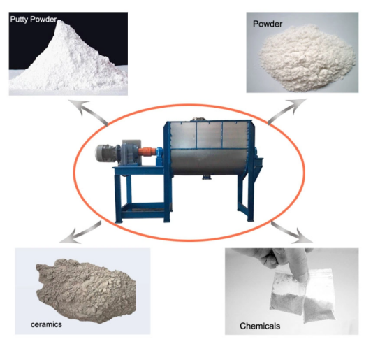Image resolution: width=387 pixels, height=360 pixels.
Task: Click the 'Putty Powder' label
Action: click(x=34, y=20)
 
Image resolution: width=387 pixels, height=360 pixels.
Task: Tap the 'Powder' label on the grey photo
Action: click(x=268, y=24)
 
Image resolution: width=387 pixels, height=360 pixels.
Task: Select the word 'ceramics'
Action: click(x=46, y=324)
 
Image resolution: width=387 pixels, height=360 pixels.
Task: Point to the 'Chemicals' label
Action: click(x=260, y=326)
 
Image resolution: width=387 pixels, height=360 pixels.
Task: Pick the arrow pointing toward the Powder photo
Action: click(x=287, y=110)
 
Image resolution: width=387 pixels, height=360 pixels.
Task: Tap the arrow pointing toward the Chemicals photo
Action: click(x=292, y=231)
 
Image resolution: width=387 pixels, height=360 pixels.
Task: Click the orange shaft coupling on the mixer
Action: click(x=147, y=151)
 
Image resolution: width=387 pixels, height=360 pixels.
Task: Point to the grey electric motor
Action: click(x=105, y=153)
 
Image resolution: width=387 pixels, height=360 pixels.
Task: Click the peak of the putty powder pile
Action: click(x=60, y=22)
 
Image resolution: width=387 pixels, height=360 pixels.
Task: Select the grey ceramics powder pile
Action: click(x=86, y=290)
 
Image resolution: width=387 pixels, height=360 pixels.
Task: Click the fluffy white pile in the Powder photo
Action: click(x=307, y=57)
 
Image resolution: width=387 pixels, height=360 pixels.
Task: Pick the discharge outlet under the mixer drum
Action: click(x=207, y=177)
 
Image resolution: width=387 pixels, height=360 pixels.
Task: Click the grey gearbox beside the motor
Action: click(x=130, y=153)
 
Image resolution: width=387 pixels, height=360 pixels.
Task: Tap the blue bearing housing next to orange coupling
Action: click(x=159, y=155)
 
